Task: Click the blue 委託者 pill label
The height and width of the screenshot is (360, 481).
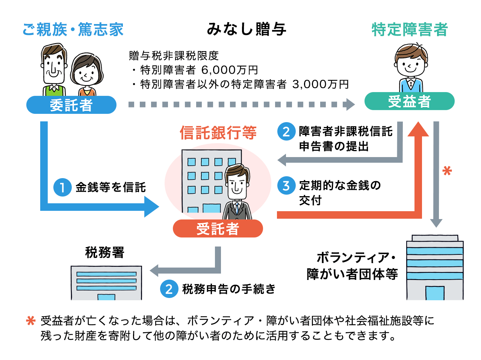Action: [x=71, y=105]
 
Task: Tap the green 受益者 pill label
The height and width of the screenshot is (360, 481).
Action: [x=409, y=101]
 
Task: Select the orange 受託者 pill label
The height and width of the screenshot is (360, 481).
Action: [x=218, y=228]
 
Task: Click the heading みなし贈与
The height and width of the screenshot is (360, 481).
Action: [x=247, y=29]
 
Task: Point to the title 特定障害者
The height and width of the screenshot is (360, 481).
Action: [x=410, y=29]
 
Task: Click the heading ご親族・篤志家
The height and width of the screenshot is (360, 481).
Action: [x=73, y=29]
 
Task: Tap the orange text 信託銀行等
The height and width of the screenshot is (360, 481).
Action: [x=218, y=133]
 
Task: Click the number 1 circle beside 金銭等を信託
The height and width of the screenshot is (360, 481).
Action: [x=62, y=187]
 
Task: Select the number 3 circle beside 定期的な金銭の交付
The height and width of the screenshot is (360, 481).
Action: [x=286, y=185]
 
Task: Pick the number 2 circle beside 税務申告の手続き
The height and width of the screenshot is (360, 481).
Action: [x=169, y=289]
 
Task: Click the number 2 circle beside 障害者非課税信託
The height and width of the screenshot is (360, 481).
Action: [x=286, y=132]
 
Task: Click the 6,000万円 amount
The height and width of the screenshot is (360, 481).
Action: [x=230, y=70]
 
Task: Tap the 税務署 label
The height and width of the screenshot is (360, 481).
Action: [x=104, y=252]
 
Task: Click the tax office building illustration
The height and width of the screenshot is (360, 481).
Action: [x=106, y=283]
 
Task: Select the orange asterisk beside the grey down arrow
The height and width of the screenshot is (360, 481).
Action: [x=447, y=171]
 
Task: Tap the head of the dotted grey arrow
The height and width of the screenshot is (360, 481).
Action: [x=350, y=104]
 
